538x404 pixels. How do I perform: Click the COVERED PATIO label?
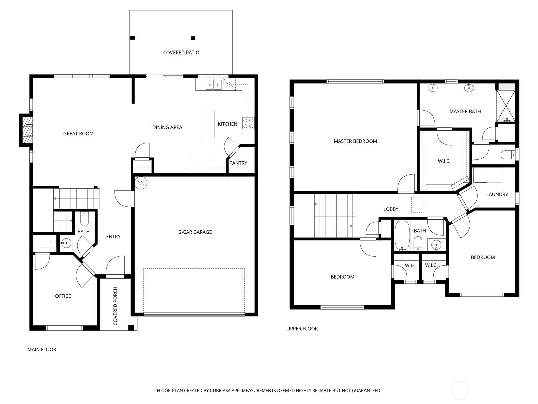[x=181, y=53]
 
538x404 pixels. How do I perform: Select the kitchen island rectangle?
[x=208, y=124]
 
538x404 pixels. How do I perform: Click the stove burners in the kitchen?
[x=248, y=123]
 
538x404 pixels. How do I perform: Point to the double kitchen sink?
[x=213, y=85]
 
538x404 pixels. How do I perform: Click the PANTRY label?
[x=238, y=163]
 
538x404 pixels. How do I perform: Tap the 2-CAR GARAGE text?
[x=195, y=232]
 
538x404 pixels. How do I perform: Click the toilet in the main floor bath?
[x=84, y=220]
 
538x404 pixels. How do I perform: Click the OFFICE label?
[x=63, y=296]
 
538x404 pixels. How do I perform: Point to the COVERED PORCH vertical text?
[x=115, y=306]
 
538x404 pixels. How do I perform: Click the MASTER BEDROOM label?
[x=355, y=141]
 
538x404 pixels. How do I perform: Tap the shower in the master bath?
[x=506, y=106]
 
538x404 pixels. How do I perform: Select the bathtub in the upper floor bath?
[x=401, y=236]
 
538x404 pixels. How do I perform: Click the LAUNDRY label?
[x=497, y=194]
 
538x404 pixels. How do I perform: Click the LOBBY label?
[x=391, y=209]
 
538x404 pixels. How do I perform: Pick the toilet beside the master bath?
[x=508, y=155]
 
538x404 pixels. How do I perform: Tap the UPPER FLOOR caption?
[x=302, y=329]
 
